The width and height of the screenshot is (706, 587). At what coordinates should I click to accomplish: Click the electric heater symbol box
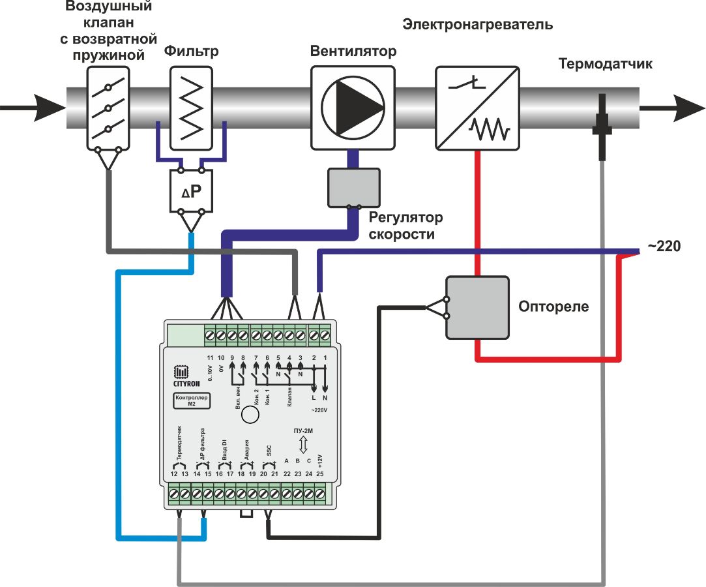pyautogui.click(x=477, y=108)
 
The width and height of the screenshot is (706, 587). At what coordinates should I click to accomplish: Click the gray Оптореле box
pyautogui.click(x=477, y=307)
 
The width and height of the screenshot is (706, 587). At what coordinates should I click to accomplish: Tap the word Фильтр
pyautogui.click(x=191, y=51)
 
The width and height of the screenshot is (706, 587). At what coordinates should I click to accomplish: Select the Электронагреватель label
pyautogui.click(x=477, y=25)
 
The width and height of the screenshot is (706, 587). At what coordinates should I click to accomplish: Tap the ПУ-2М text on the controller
pyautogui.click(x=302, y=432)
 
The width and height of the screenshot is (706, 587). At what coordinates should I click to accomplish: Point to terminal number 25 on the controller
pyautogui.click(x=320, y=474)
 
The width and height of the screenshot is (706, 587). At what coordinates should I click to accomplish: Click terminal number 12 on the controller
pyautogui.click(x=174, y=474)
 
